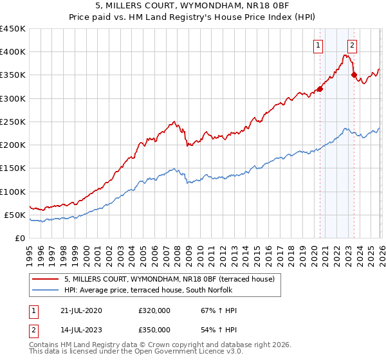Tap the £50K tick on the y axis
pyautogui.click(x=15, y=215)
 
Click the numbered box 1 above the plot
pyautogui.click(x=319, y=45)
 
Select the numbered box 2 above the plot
pyautogui.click(x=353, y=45)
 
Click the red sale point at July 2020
pyautogui.click(x=320, y=89)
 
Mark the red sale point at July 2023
pyautogui.click(x=354, y=75)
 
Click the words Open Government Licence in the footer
pyautogui.click(x=199, y=352)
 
